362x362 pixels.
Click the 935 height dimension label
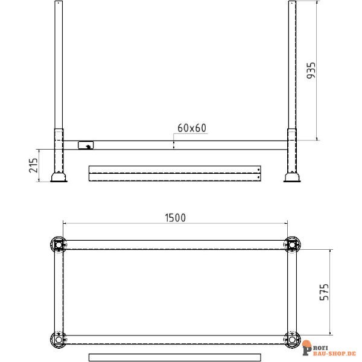point(311,71)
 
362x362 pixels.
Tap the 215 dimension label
point(33,165)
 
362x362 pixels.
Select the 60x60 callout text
point(192,128)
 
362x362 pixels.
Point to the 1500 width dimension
point(175,218)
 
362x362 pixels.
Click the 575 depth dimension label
point(323,292)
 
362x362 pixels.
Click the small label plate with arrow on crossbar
point(86,145)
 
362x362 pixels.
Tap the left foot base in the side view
point(59,177)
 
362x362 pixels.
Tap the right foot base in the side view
point(292,177)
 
